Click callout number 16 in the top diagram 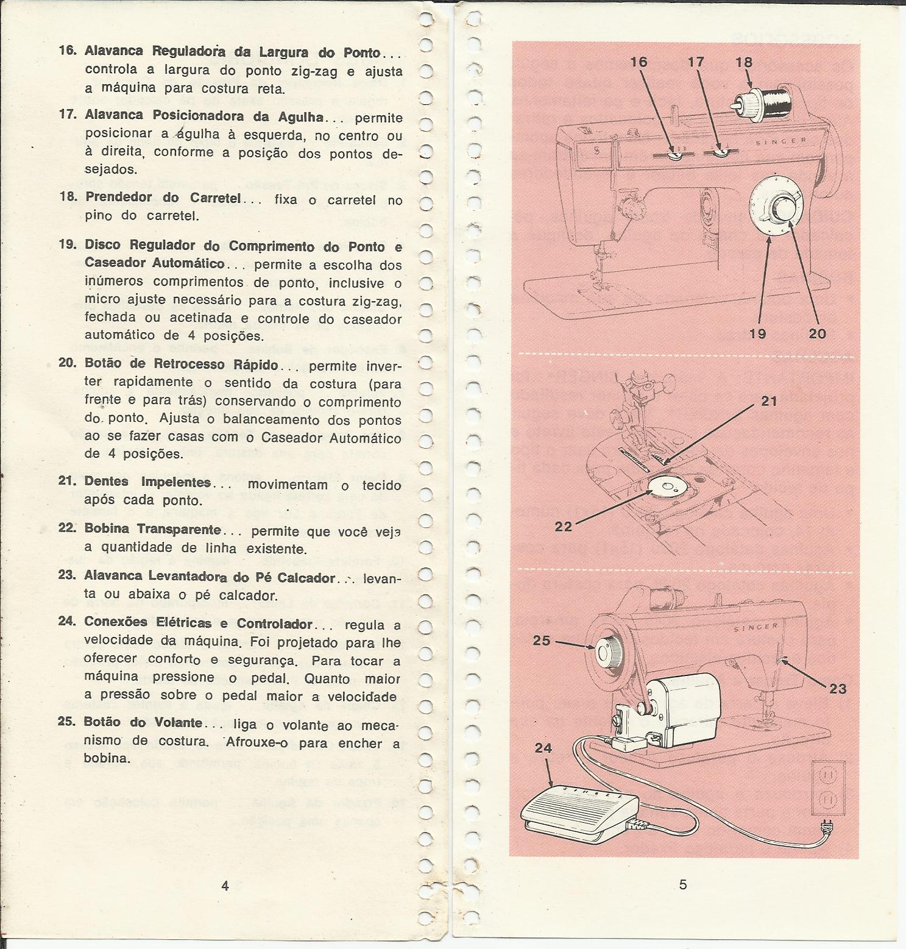pos(639,62)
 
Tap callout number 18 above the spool pos(744,62)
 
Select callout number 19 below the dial pos(759,333)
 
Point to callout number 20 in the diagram pos(817,333)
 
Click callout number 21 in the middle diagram pos(770,401)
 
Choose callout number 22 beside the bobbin pos(564,527)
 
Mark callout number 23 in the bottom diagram pos(838,689)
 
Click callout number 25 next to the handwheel pos(542,641)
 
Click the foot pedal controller pos(579,810)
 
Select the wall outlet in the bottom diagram pos(829,787)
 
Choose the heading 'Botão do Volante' pos(144,723)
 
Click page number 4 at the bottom pos(225,886)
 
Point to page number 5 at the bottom pos(682,884)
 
